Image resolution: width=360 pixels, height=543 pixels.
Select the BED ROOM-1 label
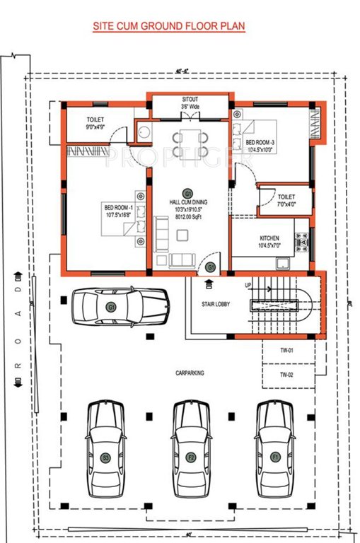[x=119, y=208]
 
